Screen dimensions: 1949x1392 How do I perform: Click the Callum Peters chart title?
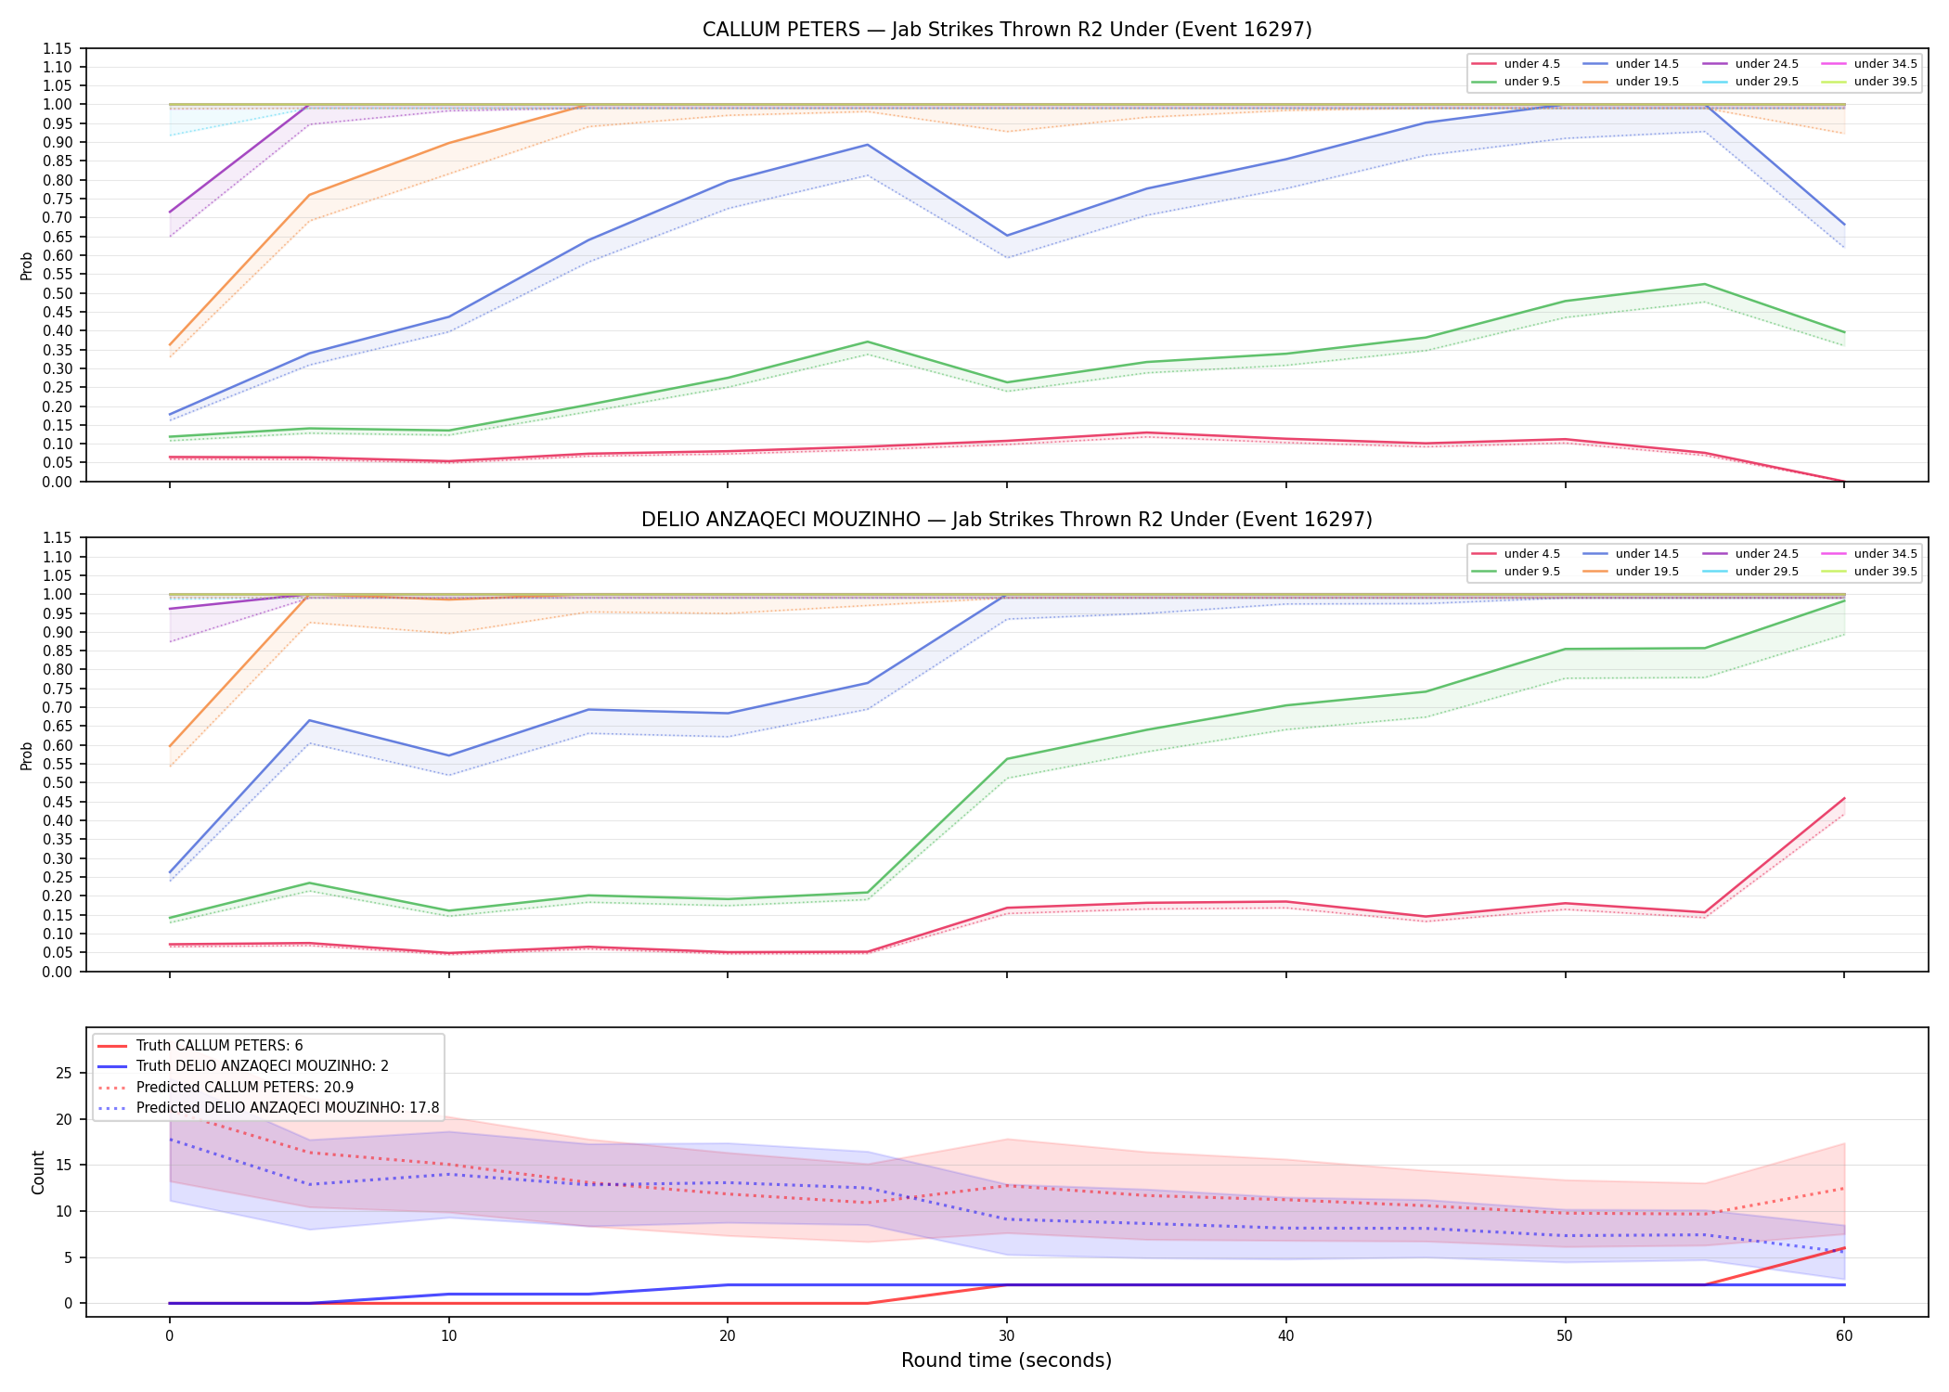click(x=1007, y=30)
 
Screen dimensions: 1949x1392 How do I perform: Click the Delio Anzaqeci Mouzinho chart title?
click(x=1007, y=520)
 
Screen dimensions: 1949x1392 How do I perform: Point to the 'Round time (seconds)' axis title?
click(x=1007, y=1360)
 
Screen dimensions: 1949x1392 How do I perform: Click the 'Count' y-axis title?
click(x=38, y=1172)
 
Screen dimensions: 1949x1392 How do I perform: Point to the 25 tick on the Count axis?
click(x=63, y=1074)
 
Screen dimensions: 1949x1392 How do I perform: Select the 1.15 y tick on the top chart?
click(x=58, y=48)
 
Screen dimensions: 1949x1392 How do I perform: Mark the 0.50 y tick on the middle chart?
click(x=58, y=783)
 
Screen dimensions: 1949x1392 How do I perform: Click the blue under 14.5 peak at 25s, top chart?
click(x=867, y=145)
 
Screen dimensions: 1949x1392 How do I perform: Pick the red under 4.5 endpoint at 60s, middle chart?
click(x=1844, y=798)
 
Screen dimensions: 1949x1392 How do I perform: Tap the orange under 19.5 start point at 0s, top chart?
click(x=169, y=345)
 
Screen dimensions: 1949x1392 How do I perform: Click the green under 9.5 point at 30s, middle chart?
click(x=1007, y=759)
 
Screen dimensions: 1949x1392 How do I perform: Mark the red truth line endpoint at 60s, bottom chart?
click(x=1844, y=1248)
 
